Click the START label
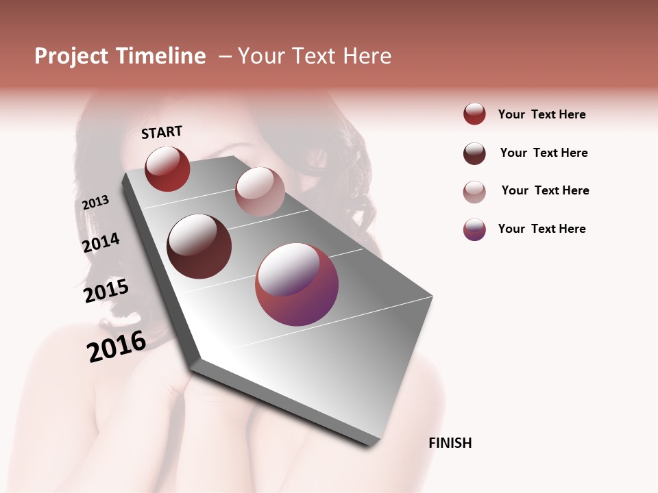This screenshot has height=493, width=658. pos(162,132)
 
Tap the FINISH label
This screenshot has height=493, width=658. pos(450,443)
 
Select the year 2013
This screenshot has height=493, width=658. pos(95,203)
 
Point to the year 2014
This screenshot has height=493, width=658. pos(101,243)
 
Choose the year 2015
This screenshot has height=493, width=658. pos(106,291)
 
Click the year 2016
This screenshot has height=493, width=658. pos(117,346)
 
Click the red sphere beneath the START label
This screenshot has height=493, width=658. pos(167,168)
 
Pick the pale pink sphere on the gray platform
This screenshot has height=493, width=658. pos(260,192)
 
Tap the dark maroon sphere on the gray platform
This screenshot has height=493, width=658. pos(199,246)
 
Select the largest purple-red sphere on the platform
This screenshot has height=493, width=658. pos(297,284)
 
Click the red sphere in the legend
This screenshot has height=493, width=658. pos(474,114)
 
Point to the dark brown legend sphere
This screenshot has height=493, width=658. pos(474,153)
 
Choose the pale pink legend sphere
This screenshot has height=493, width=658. pos(474,192)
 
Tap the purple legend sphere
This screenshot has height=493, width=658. pos(474,229)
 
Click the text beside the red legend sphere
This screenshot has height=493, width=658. pos(541,114)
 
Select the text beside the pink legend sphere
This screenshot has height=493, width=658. pos(545,190)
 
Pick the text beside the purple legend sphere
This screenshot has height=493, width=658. pos(541,229)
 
